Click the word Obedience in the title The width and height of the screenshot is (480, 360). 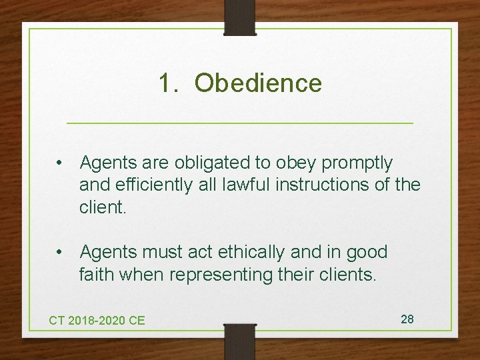(x=259, y=83)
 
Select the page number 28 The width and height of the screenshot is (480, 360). (x=407, y=319)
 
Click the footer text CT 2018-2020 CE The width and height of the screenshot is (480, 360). (x=97, y=320)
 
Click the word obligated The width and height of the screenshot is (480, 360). (x=203, y=163)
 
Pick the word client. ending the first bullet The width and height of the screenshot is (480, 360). (x=102, y=207)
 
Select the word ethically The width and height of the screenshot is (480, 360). (x=252, y=252)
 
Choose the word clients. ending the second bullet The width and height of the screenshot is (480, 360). (x=346, y=274)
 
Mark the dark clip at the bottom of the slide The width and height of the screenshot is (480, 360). (x=240, y=341)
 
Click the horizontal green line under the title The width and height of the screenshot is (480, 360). (x=240, y=123)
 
